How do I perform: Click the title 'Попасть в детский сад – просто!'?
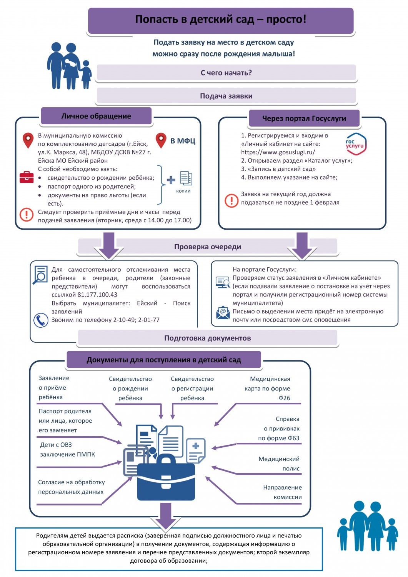(220, 19)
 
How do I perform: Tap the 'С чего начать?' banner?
(226, 73)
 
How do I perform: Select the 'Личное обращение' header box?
(96, 116)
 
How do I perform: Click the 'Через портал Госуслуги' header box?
(304, 118)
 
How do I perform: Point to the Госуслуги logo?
(356, 144)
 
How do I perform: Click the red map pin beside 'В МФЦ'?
(161, 140)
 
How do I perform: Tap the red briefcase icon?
(27, 177)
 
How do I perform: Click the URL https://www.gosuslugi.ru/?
(278, 152)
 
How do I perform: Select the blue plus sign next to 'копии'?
(171, 180)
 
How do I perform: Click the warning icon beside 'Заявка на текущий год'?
(231, 200)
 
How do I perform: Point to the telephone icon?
(41, 320)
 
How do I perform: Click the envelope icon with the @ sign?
(223, 312)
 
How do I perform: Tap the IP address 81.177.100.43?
(97, 294)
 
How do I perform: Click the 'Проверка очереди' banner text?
(208, 247)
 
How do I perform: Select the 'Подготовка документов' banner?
(208, 338)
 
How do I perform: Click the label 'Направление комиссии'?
(282, 492)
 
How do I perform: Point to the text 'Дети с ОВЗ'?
(56, 445)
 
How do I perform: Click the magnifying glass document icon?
(40, 275)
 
